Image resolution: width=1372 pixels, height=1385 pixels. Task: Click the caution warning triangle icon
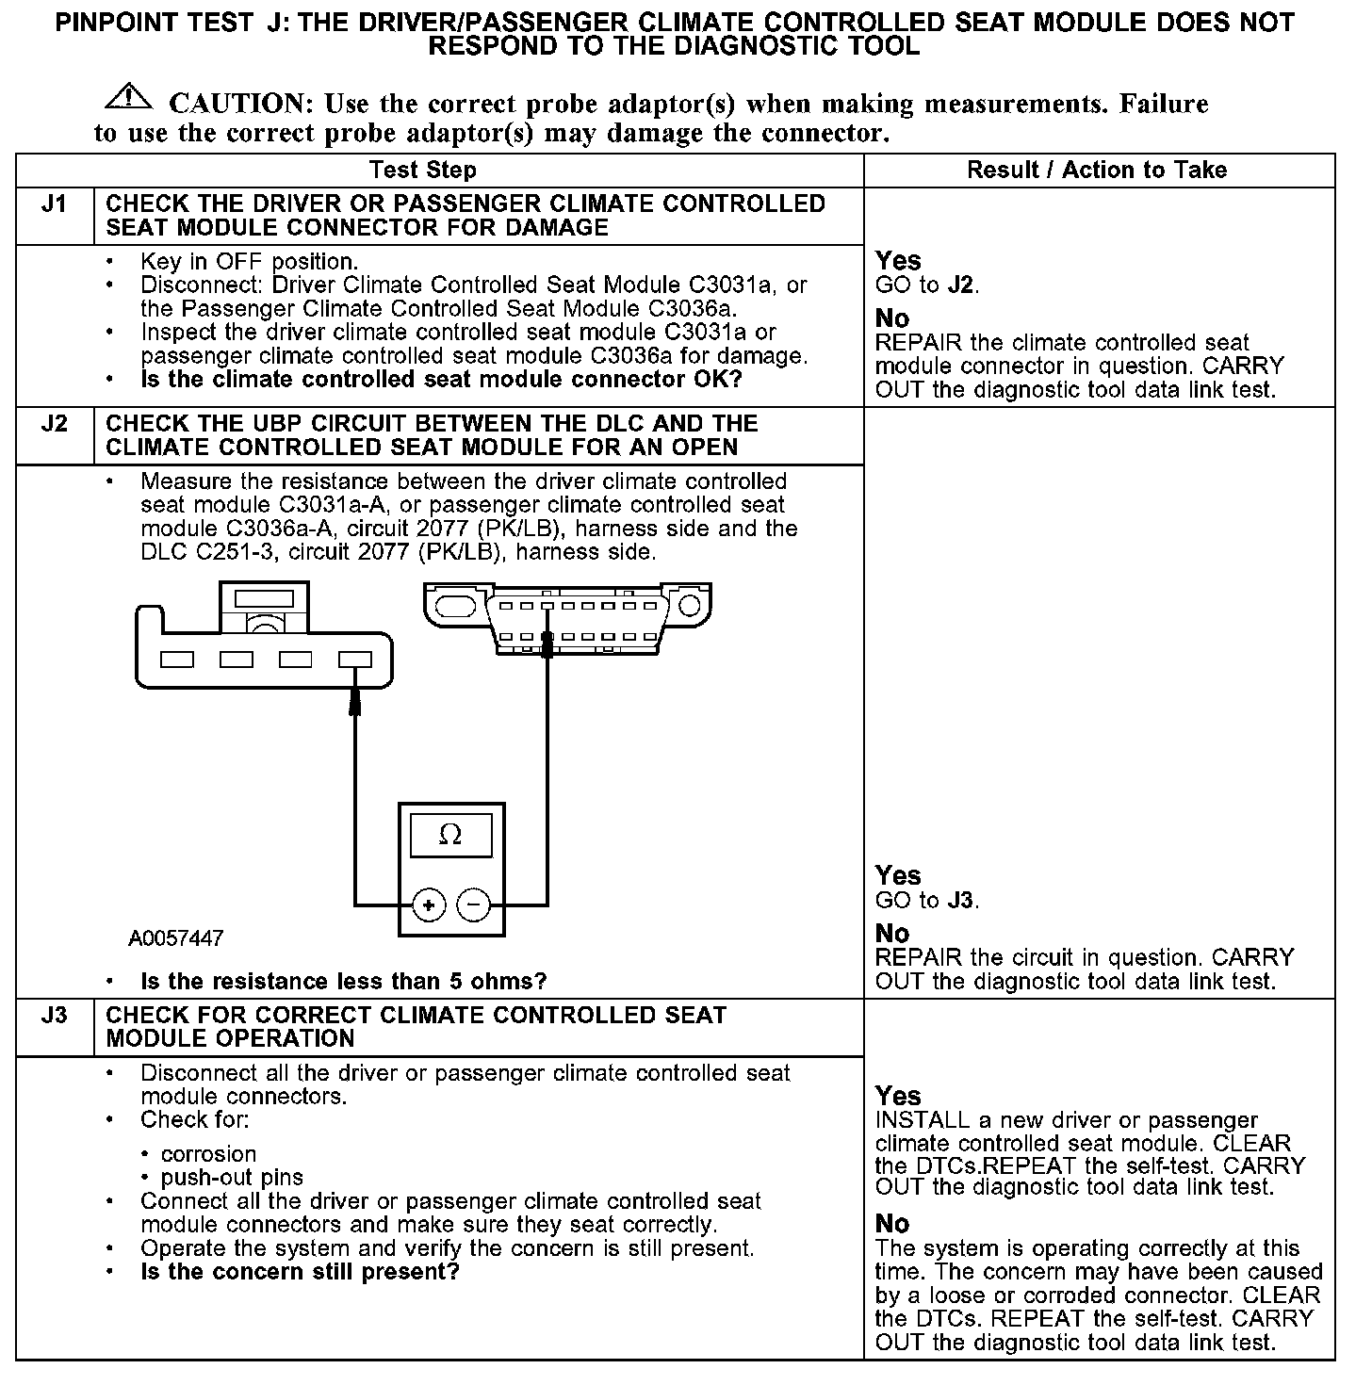129,97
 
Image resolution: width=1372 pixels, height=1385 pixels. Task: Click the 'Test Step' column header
422,171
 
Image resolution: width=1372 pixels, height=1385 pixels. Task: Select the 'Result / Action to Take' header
1097,171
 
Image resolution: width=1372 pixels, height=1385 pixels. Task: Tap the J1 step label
55,204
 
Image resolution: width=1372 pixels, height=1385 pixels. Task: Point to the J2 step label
55,424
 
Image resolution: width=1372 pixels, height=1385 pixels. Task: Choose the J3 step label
55,1016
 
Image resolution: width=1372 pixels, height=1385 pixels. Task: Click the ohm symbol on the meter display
450,835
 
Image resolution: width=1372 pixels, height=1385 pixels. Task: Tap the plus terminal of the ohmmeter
429,905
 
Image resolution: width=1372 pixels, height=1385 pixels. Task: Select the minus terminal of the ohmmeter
473,905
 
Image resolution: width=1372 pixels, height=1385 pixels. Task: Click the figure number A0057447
176,938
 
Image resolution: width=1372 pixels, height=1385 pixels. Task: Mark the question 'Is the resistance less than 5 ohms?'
343,982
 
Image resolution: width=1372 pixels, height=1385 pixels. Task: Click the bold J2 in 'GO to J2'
960,285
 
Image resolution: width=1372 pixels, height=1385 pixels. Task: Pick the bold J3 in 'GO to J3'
960,901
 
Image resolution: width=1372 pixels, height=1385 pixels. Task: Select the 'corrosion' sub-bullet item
208,1154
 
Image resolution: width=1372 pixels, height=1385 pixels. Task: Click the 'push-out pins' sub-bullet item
232,1178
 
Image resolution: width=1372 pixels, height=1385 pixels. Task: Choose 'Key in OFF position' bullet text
249,262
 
